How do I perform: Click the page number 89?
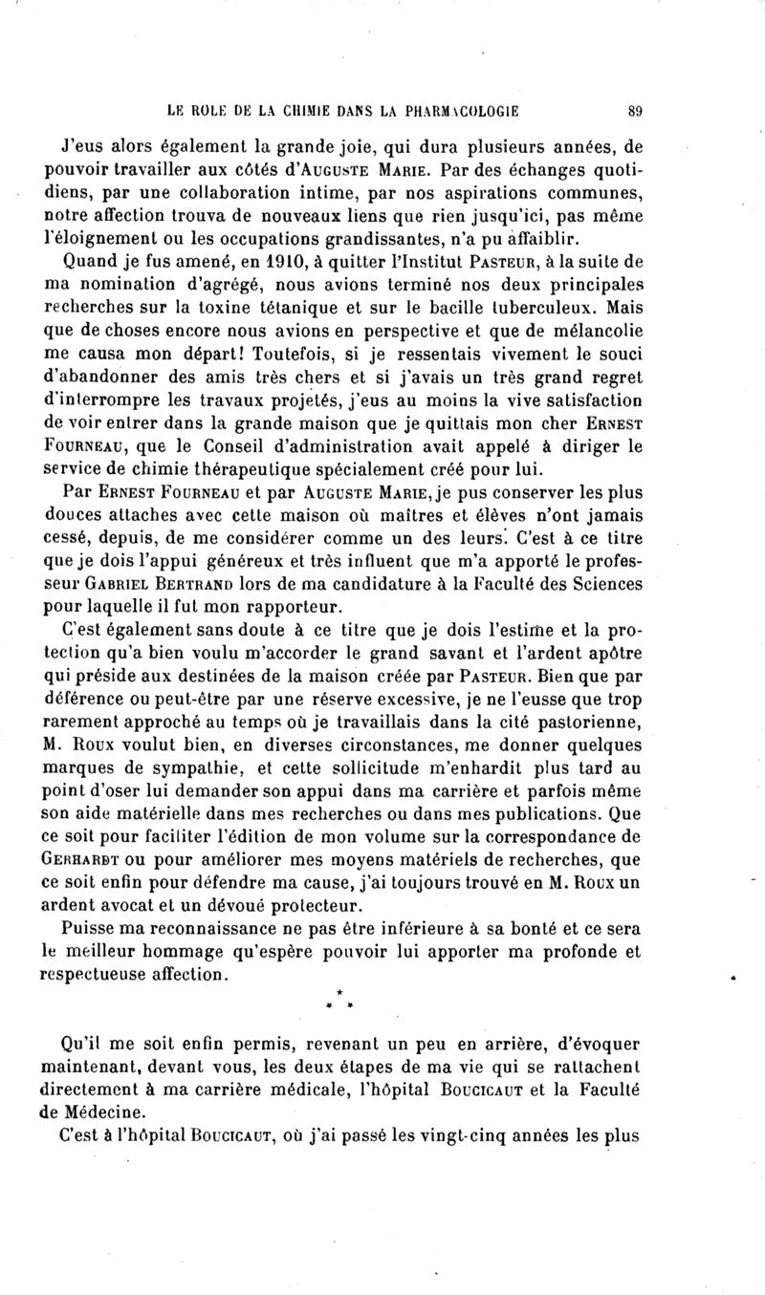point(634,110)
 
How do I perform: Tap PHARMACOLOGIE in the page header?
point(458,110)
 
